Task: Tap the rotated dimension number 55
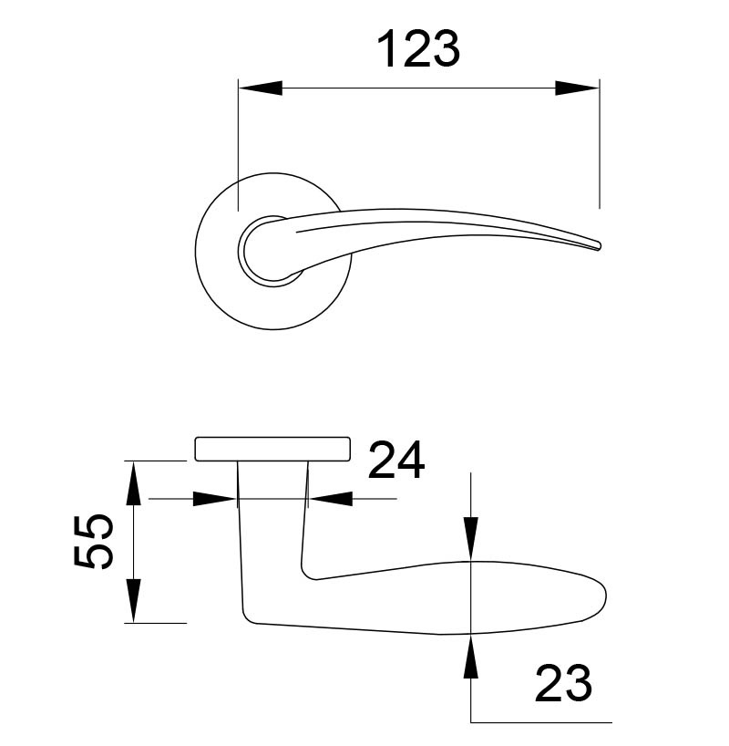tap(93, 541)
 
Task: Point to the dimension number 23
tap(561, 683)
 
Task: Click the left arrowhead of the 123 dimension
tap(259, 88)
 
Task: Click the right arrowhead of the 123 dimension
tap(578, 88)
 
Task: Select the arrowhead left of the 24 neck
tap(215, 499)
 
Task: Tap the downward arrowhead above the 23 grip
tap(470, 539)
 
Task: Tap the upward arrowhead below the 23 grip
tap(470, 656)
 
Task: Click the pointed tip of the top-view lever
tap(599, 246)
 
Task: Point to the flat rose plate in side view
tap(272, 449)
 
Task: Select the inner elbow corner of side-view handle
tap(310, 575)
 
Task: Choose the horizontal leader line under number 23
tap(538, 721)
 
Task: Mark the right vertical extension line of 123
tap(599, 146)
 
